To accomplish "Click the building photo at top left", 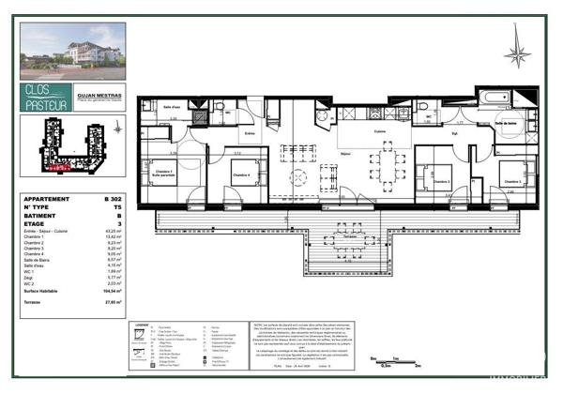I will coord(71,52).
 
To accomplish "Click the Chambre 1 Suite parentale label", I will coord(163,174).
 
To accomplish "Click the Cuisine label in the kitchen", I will coord(355,131).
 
